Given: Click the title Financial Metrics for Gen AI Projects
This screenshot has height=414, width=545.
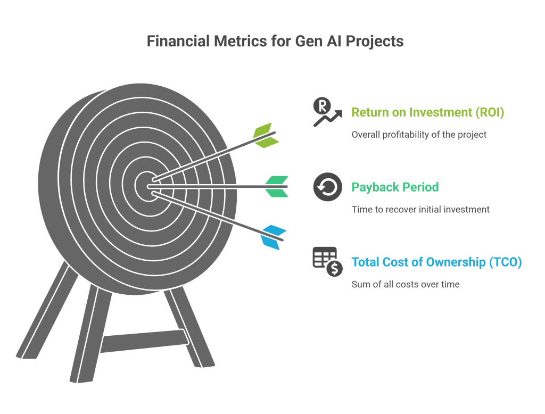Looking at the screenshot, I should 275,42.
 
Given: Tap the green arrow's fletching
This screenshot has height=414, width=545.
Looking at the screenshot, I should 266,135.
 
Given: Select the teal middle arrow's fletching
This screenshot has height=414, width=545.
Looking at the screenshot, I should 277,186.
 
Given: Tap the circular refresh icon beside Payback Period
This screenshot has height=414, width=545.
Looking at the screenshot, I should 327,187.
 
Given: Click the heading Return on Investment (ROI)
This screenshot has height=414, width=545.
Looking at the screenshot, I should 427,112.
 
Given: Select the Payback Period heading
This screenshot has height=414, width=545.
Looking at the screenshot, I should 395,187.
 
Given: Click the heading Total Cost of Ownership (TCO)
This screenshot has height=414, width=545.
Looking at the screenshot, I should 436,262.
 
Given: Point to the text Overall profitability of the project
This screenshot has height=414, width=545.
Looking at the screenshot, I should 419,135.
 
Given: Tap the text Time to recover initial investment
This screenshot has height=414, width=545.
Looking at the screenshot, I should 420,210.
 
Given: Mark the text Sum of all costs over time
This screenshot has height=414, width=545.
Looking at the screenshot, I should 405,284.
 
